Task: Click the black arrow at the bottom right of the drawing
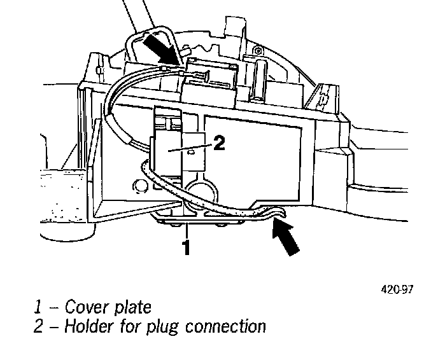284,235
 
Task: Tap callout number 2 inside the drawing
218,144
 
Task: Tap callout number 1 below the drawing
186,247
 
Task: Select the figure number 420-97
397,289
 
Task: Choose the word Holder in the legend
89,328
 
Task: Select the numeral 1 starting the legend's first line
39,308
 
